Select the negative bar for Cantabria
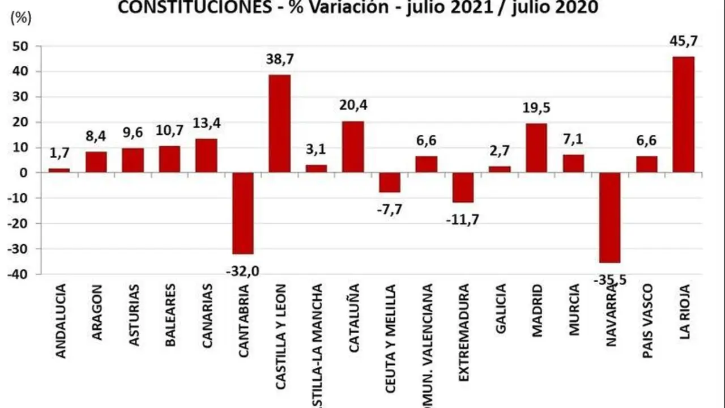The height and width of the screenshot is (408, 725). click(243, 213)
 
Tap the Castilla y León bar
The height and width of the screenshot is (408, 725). click(280, 124)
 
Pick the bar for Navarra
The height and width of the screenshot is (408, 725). click(609, 218)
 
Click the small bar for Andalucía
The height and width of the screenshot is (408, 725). click(59, 170)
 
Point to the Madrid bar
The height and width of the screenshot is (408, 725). click(536, 148)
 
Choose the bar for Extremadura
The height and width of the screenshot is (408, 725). click(463, 188)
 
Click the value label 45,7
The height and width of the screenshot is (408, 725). click(683, 41)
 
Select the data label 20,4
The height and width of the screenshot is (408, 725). click(353, 106)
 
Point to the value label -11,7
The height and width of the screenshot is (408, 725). click(463, 219)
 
